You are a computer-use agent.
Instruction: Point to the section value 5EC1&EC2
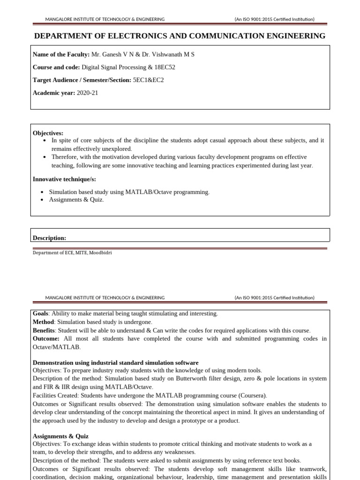[149, 80]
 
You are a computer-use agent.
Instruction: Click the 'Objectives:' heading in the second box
[48, 133]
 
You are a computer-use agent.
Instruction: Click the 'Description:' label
[49, 238]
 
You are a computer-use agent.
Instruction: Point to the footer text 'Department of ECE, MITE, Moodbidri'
[72, 253]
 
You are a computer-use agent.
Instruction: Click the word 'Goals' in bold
[41, 314]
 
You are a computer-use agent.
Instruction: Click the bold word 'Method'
[43, 322]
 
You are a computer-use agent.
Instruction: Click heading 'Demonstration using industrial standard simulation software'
[115, 363]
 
